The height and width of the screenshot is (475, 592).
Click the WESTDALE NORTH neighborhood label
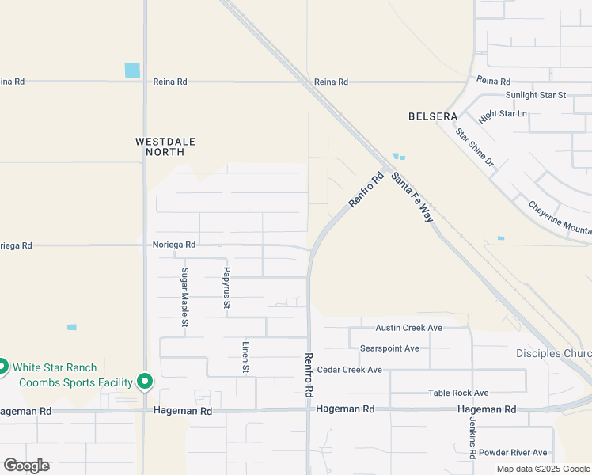tap(165, 146)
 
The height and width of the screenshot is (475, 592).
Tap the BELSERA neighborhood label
tap(433, 116)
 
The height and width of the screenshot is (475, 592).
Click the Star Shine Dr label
tap(474, 146)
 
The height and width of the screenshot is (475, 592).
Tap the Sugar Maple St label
tap(184, 297)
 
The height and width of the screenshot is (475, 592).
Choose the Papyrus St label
tap(226, 287)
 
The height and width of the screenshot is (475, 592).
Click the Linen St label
tap(245, 357)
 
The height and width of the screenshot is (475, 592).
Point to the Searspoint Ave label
tap(389, 348)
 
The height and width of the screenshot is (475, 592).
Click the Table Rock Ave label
tap(458, 393)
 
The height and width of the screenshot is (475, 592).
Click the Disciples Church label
tap(553, 353)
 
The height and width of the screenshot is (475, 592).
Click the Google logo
tap(26, 465)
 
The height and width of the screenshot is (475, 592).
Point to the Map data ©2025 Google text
tap(544, 469)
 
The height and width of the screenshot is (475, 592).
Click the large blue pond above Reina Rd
tap(132, 70)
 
